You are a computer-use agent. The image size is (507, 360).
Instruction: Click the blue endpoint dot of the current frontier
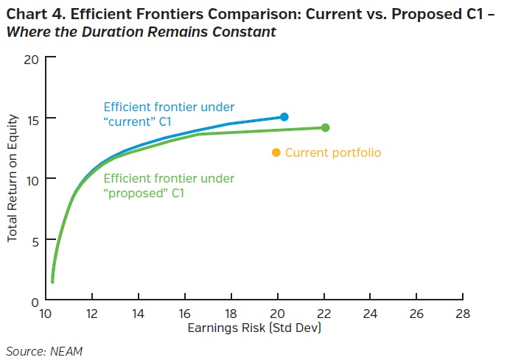click(284, 117)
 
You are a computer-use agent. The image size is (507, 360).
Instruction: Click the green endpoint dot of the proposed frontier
click(325, 127)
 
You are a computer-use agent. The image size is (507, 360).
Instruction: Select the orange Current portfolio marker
click(276, 152)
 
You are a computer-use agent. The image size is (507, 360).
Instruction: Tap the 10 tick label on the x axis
click(46, 314)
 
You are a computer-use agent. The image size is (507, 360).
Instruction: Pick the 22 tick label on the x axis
click(324, 314)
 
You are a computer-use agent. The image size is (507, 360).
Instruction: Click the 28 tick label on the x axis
click(462, 314)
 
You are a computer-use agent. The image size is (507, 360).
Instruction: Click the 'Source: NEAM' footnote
click(44, 351)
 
